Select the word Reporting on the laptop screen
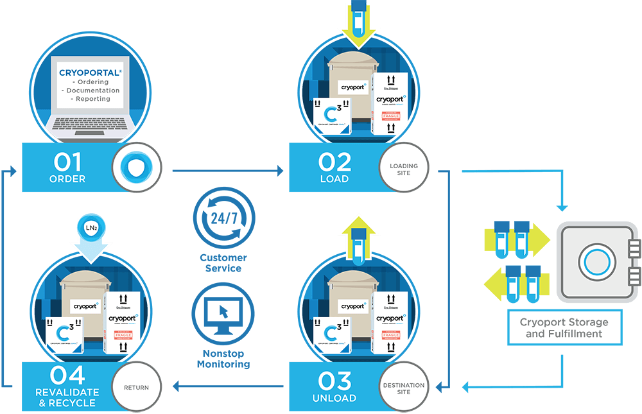tap(93, 99)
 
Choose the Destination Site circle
tap(404, 388)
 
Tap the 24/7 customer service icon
tap(223, 218)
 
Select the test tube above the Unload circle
tap(359, 238)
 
